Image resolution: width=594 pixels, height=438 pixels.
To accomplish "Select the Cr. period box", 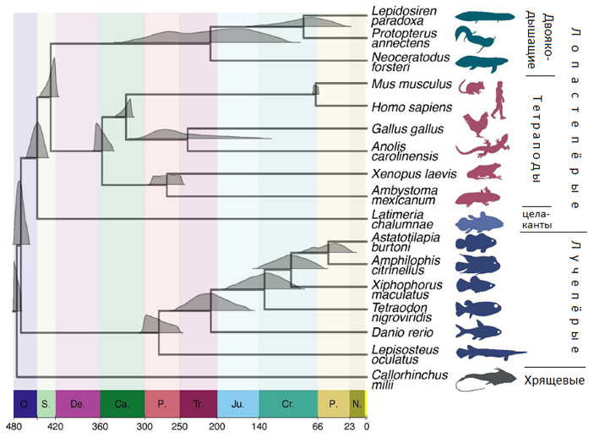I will click(x=288, y=404).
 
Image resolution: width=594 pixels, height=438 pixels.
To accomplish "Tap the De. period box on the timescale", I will click(x=77, y=404).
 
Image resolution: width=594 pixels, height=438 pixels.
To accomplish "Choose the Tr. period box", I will click(x=198, y=404).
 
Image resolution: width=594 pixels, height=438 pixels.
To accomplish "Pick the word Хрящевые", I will click(x=554, y=380).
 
